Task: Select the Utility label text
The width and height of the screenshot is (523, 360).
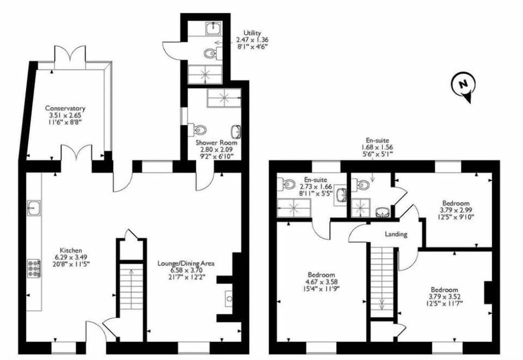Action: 252,33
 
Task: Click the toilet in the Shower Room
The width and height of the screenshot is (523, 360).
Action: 199,130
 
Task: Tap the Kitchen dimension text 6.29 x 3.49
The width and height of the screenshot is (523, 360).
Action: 66,257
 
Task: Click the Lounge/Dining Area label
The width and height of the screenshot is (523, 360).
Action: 185,263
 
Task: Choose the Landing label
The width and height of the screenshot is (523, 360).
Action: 395,234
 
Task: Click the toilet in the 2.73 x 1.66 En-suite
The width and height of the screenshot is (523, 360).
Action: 288,185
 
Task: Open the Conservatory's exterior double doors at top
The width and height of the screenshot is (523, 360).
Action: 70,57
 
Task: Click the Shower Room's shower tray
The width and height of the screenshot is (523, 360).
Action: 223,98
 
